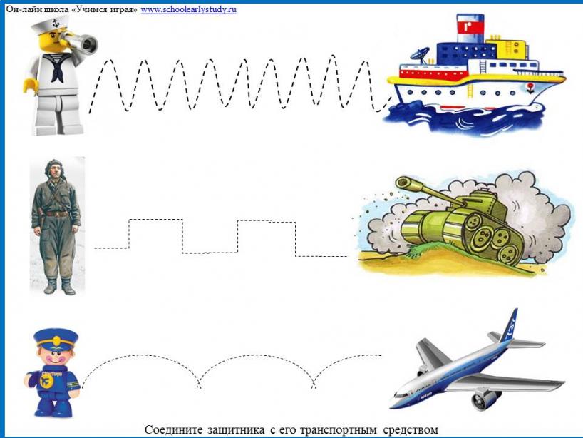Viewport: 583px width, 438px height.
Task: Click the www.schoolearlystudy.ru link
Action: (x=188, y=10)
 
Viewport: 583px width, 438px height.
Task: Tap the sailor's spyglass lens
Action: (x=89, y=44)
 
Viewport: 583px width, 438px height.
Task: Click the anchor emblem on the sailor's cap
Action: (x=56, y=24)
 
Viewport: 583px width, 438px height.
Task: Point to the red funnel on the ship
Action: (x=470, y=29)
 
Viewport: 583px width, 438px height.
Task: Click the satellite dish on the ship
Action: (x=420, y=55)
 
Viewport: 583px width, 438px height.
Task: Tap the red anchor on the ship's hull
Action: (x=530, y=88)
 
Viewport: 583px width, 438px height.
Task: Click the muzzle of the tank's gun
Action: (x=401, y=183)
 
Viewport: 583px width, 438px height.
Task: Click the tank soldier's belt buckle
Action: (x=56, y=214)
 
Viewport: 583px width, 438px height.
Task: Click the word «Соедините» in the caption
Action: (x=174, y=430)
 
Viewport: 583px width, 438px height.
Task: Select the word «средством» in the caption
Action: (x=410, y=430)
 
